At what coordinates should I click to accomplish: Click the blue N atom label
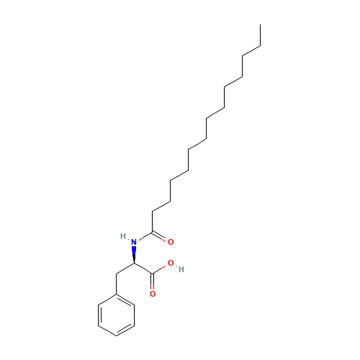[x=134, y=242]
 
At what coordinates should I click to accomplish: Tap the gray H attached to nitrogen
[x=123, y=236]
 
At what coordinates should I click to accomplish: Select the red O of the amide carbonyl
[x=171, y=242]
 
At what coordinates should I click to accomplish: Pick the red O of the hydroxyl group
[x=171, y=263]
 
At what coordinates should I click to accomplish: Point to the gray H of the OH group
[x=181, y=269]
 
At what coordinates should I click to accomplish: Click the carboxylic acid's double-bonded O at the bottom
[x=153, y=294]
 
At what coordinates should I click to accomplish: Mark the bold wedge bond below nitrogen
[x=134, y=255]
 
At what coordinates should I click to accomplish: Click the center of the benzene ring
[x=116, y=315]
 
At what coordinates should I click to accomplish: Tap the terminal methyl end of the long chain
[x=261, y=24]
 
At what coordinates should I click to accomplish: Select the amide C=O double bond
[x=159, y=236]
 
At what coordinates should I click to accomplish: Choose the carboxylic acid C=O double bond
[x=152, y=282]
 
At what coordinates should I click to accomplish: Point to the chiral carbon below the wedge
[x=134, y=264]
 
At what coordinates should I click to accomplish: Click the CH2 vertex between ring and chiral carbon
[x=116, y=274]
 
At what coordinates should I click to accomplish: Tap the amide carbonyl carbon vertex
[x=152, y=233]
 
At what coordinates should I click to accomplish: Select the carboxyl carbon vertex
[x=152, y=274]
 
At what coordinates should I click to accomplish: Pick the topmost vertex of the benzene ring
[x=116, y=294]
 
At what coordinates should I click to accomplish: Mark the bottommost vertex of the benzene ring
[x=116, y=336]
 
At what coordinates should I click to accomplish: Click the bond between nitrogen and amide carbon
[x=145, y=236]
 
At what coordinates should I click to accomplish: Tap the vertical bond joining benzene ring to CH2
[x=116, y=284]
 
